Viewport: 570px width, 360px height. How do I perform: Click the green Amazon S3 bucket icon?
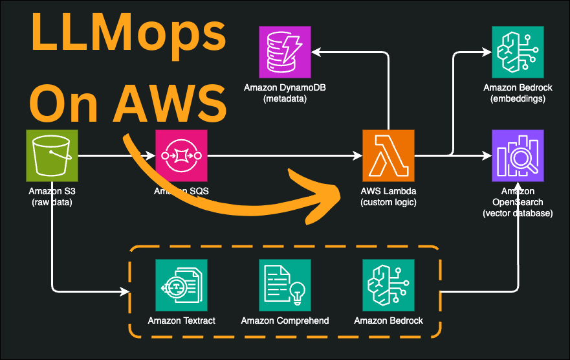click(52, 155)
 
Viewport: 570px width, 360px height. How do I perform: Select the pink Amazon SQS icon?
click(181, 155)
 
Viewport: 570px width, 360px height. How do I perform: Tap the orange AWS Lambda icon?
click(388, 155)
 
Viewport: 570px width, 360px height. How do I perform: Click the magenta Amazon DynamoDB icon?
click(285, 52)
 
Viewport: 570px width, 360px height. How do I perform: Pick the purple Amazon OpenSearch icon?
click(518, 155)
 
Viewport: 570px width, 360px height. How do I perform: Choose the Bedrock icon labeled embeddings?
click(518, 52)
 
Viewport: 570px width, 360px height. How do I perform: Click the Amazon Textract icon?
click(181, 285)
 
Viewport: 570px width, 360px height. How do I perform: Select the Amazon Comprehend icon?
click(285, 285)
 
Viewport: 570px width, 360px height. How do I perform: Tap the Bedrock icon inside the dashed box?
click(388, 285)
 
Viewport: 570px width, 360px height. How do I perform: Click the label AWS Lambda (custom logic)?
click(388, 197)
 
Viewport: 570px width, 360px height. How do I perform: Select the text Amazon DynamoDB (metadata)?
click(285, 93)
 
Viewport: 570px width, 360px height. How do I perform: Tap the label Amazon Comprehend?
click(285, 321)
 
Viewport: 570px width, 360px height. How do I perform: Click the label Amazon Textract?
click(181, 321)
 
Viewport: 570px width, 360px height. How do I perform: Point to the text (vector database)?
click(518, 213)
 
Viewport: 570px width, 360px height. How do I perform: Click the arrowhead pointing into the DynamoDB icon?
click(316, 52)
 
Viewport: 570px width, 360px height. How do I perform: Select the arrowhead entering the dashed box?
click(125, 291)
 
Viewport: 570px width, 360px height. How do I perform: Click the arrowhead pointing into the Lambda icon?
click(358, 155)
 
